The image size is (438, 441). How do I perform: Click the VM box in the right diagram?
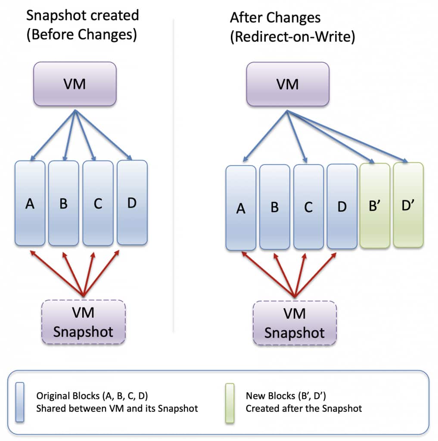[288, 84]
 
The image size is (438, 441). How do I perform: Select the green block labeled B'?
[375, 205]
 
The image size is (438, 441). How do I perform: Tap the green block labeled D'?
[408, 205]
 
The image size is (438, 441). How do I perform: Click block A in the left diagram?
[30, 203]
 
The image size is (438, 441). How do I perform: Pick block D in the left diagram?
[132, 203]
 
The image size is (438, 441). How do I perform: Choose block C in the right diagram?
[308, 207]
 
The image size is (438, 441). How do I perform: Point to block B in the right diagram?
[274, 207]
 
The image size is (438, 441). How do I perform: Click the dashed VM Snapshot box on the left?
[84, 322]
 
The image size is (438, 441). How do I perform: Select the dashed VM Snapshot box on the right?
[295, 323]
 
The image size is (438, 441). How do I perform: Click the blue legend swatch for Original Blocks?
[19, 401]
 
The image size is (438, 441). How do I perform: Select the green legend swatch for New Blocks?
[230, 401]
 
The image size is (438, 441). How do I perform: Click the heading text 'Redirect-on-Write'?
[292, 37]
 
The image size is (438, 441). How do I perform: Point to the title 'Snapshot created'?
[83, 16]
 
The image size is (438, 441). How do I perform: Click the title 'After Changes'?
[275, 17]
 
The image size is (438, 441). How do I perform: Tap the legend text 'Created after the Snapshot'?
[304, 408]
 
